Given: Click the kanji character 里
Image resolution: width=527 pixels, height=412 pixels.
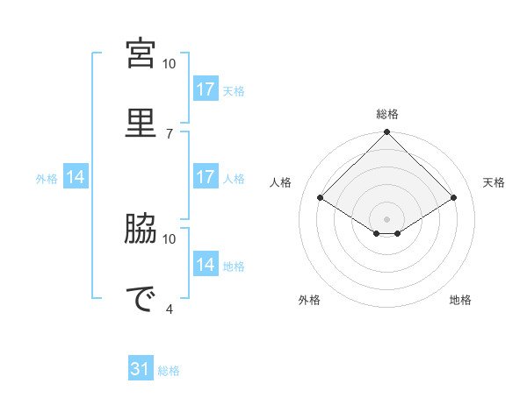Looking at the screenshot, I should pyautogui.click(x=141, y=121).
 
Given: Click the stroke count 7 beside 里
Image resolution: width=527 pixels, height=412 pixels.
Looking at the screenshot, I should pyautogui.click(x=170, y=133).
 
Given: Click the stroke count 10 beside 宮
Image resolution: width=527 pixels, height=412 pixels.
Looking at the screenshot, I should pyautogui.click(x=169, y=64).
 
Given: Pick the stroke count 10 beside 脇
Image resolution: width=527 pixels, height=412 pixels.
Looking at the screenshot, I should pyautogui.click(x=169, y=238).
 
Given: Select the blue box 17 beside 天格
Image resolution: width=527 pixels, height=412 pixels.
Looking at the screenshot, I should pyautogui.click(x=206, y=89).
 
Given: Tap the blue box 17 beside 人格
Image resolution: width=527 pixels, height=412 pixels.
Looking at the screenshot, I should pyautogui.click(x=206, y=177).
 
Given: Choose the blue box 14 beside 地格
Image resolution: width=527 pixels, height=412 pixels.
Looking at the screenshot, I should pyautogui.click(x=206, y=265).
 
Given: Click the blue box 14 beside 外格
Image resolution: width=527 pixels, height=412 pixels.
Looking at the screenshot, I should pyautogui.click(x=76, y=177).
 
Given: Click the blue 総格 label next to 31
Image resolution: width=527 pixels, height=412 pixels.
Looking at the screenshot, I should pyautogui.click(x=169, y=371).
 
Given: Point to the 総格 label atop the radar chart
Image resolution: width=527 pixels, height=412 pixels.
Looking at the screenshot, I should pyautogui.click(x=387, y=114).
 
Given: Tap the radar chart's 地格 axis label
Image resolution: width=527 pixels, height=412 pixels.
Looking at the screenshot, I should pyautogui.click(x=460, y=300).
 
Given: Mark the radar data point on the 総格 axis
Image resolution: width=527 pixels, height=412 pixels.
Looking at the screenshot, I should pyautogui.click(x=387, y=133).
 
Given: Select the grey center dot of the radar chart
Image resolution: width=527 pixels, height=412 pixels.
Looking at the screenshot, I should pyautogui.click(x=387, y=218).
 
